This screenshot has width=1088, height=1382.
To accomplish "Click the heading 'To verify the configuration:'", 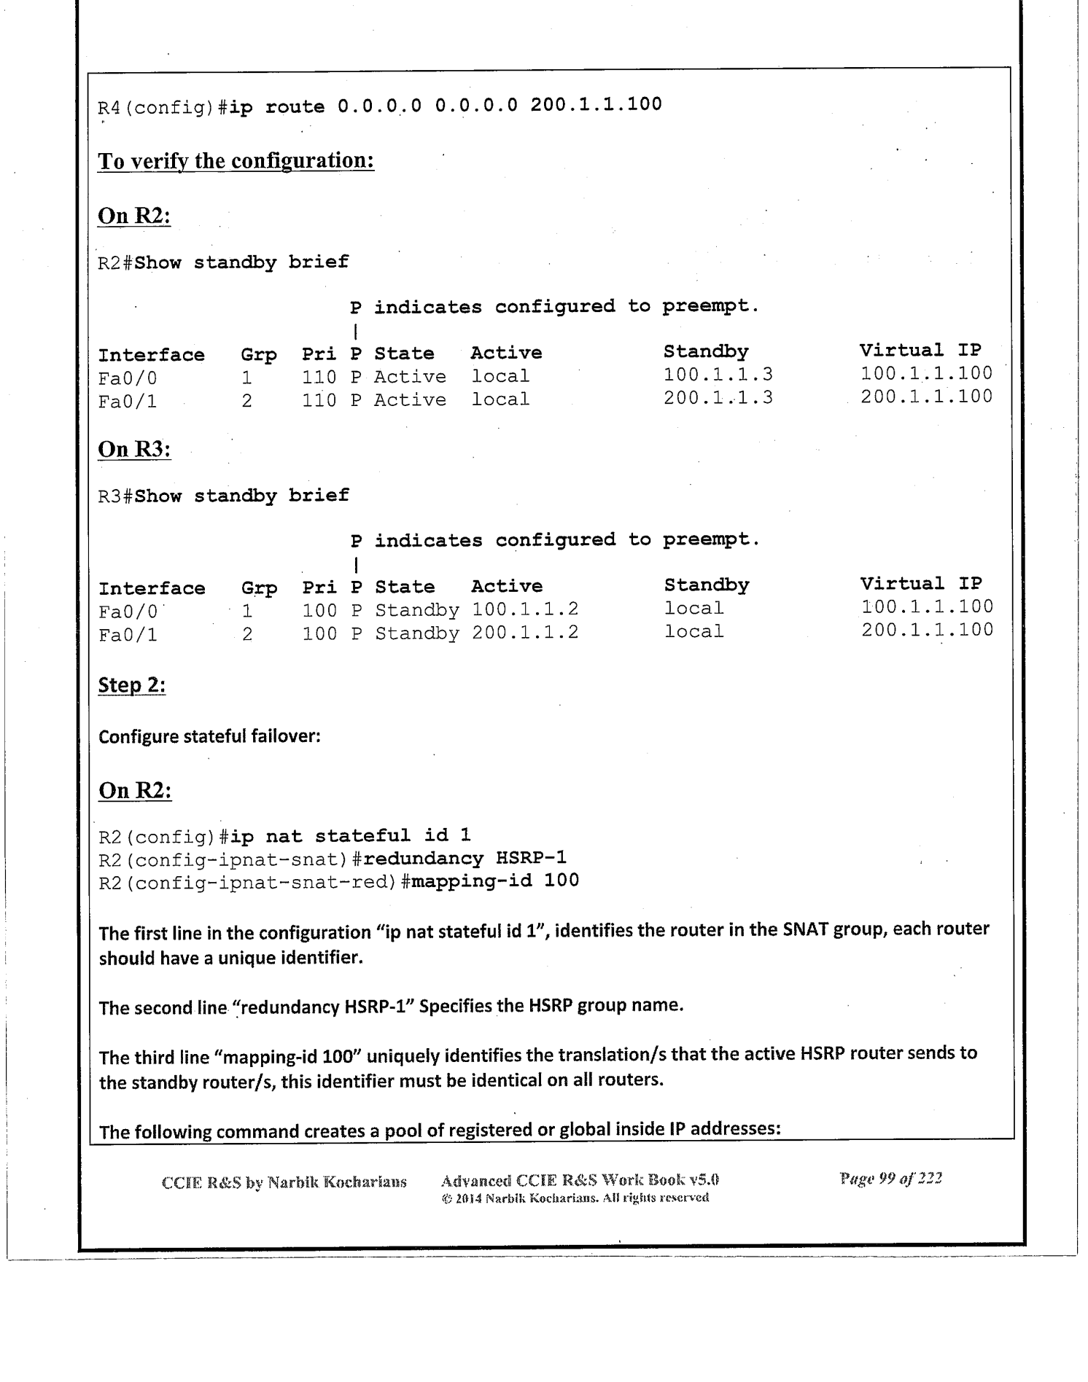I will click(x=236, y=161).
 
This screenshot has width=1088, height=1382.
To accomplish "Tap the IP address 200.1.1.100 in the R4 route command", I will click(x=596, y=105).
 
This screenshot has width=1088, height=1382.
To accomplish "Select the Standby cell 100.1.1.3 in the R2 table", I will click(x=718, y=375).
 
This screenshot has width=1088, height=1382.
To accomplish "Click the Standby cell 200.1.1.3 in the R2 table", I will click(x=718, y=398).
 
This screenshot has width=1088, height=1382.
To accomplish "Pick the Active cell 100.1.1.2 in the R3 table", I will click(x=525, y=609).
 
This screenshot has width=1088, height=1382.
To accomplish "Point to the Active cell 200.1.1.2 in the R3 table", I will click(x=525, y=633).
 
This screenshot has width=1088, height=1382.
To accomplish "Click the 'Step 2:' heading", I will click(x=132, y=686).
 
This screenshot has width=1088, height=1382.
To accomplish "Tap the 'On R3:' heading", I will click(x=134, y=450).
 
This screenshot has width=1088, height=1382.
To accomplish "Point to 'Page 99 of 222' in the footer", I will click(x=890, y=1179).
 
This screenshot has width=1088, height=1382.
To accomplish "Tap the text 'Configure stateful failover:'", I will click(x=210, y=736).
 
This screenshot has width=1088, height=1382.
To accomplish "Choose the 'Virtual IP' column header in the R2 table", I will click(x=920, y=351).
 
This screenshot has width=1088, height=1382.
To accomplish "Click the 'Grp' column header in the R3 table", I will click(x=260, y=588).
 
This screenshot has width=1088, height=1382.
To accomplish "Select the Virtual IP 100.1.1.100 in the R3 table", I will click(x=927, y=607).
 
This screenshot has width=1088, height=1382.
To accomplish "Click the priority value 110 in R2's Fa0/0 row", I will click(x=319, y=377).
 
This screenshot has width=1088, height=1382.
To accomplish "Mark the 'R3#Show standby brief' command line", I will click(x=224, y=496).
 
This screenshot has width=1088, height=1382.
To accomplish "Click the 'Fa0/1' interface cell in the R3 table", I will click(x=128, y=635).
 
